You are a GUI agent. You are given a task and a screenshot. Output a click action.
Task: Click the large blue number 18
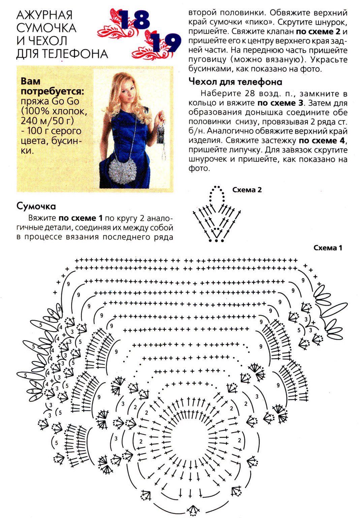pos(134,20)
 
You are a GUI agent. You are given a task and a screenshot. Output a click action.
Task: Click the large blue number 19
pos(165,42)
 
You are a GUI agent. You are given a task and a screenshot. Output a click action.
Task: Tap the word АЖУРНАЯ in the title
pos(44,15)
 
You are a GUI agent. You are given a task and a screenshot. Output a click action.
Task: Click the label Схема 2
pos(247,190)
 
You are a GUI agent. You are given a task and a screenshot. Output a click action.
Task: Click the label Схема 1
pos(328,248)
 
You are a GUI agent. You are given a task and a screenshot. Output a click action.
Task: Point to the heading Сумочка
pos(36,206)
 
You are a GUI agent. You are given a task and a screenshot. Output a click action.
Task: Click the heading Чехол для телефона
pos(235,82)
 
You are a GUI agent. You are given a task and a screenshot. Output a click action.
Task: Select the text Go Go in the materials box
pos(65,101)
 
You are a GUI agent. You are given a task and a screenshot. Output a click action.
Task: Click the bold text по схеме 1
pos(80,218)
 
